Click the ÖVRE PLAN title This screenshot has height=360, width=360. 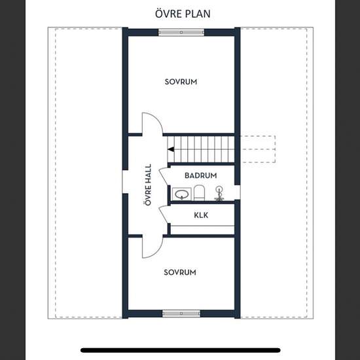[x=183, y=14]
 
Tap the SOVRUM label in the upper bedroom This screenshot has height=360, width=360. [x=181, y=82]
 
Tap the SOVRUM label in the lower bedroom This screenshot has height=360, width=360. [x=180, y=272]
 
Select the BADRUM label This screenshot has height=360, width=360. [x=201, y=175]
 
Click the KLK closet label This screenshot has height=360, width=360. [x=201, y=215]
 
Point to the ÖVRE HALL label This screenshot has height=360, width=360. [x=149, y=185]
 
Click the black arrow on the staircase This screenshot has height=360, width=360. [x=171, y=149]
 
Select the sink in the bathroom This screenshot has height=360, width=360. [x=181, y=194]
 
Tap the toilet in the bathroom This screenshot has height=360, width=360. [x=199, y=193]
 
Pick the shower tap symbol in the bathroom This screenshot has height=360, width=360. [x=219, y=193]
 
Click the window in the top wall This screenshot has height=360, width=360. [x=181, y=32]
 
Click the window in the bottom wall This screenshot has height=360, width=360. [x=181, y=314]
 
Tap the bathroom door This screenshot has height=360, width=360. [x=164, y=176]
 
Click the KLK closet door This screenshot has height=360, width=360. [x=164, y=215]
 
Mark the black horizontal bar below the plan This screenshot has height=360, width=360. [x=181, y=350]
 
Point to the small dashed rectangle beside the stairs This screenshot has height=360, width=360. [x=258, y=149]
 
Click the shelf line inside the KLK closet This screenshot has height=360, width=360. [x=202, y=226]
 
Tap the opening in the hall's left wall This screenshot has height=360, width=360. [x=125, y=181]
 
